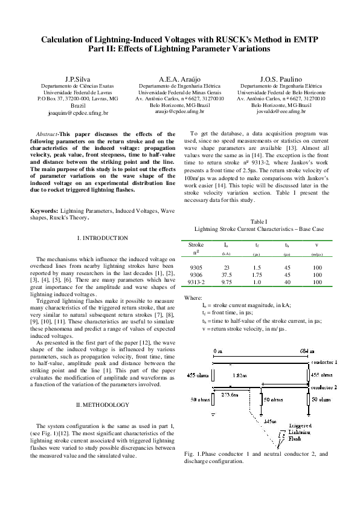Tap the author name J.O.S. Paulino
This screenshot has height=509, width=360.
281,79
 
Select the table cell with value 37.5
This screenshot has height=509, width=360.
226,274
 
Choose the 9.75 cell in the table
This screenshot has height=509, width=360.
226,282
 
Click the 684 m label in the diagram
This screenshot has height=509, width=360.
307,351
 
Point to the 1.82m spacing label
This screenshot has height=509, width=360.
240,375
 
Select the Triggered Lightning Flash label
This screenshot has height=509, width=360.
300,433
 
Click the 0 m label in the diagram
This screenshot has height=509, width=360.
218,351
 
